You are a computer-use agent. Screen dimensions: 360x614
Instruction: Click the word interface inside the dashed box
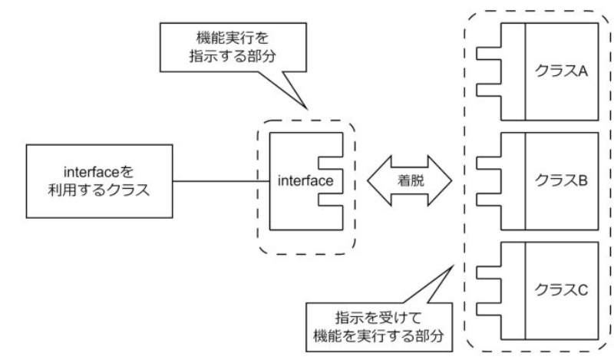[x=304, y=183]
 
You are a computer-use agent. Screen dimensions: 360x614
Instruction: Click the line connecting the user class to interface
[x=219, y=182]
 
